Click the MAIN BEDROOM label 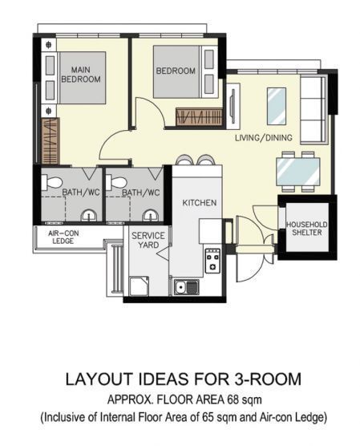[x=81, y=75]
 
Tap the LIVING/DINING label [x=264, y=138]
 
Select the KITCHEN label [x=200, y=203]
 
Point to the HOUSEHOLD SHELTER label [x=307, y=229]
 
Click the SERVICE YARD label [x=148, y=240]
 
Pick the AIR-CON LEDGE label [x=63, y=237]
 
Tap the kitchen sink [x=187, y=286]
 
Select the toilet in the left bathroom [x=52, y=182]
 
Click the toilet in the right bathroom [x=116, y=182]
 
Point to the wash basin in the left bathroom [x=89, y=215]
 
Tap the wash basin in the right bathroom [x=151, y=215]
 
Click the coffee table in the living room [x=277, y=106]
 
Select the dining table [x=298, y=172]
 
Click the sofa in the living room [x=313, y=109]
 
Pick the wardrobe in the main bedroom [x=50, y=141]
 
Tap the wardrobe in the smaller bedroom [x=199, y=116]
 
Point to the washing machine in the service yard [x=139, y=286]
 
